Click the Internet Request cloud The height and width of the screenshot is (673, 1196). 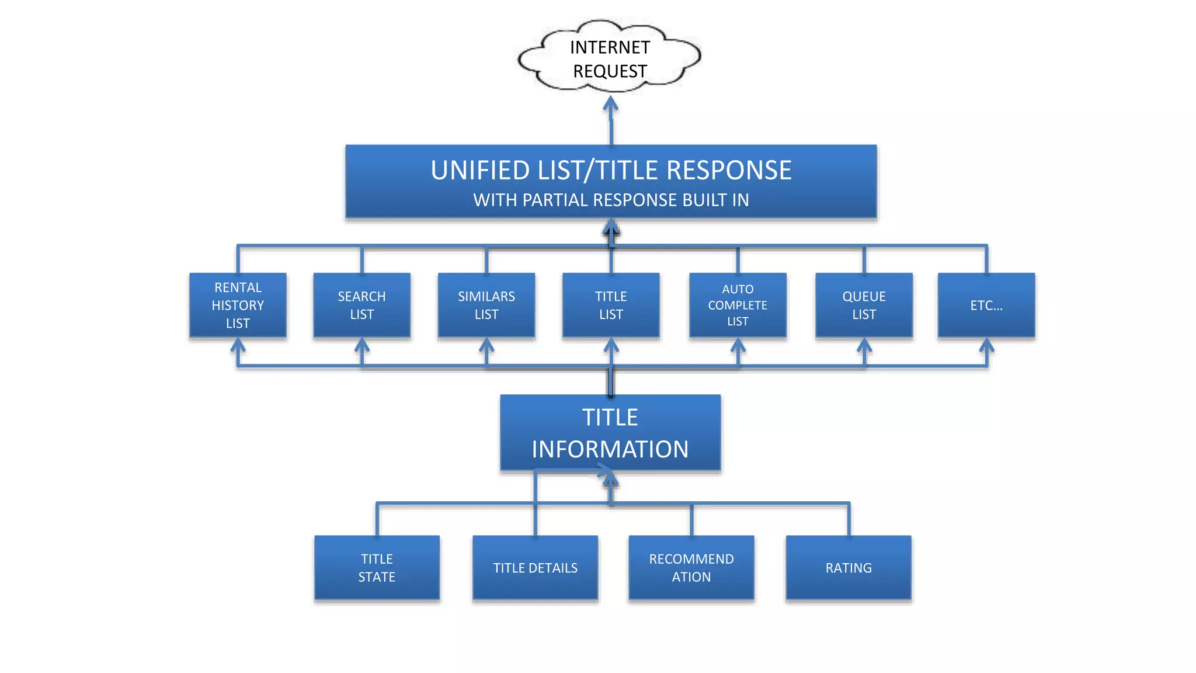610,58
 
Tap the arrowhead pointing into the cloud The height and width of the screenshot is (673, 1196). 611,105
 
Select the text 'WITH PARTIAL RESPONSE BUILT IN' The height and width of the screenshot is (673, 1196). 611,200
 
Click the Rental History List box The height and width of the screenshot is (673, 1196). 238,305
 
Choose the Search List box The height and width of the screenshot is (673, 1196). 361,305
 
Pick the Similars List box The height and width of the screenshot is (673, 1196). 486,305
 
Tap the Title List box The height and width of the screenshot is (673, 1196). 611,305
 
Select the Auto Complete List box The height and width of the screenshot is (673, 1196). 738,305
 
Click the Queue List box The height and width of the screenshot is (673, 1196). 864,305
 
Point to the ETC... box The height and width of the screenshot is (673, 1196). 986,305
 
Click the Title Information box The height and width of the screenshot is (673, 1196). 610,433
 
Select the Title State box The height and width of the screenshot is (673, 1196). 377,568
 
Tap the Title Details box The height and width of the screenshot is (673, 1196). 535,568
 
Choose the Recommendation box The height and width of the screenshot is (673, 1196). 691,568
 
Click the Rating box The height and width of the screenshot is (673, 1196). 849,568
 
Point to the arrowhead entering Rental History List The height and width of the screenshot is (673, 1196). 238,346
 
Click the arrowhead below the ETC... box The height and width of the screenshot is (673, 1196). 986,346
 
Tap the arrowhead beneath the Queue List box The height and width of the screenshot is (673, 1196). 864,346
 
